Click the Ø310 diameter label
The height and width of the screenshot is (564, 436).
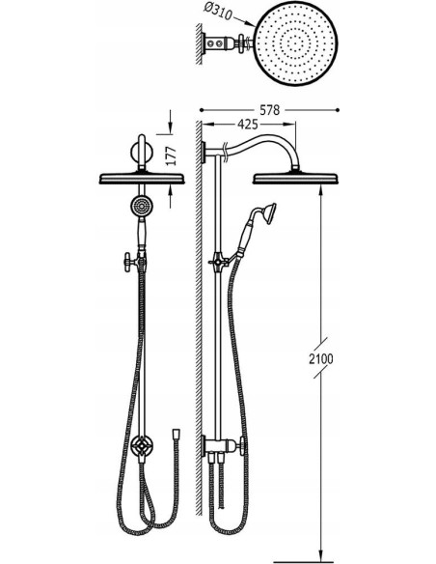218,13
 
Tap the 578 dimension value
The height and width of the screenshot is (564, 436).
269,110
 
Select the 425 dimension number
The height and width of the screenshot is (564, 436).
248,124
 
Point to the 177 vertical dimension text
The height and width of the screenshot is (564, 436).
173,155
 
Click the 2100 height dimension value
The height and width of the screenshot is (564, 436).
321,358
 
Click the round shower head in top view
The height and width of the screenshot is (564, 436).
297,44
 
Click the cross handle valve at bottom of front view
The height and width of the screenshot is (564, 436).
143,447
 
